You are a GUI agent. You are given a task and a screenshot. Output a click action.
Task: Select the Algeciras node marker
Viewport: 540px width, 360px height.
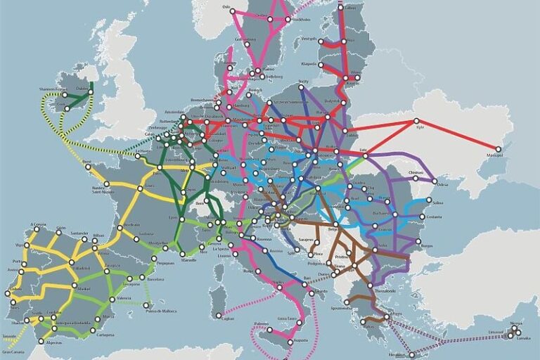[x=41, y=342]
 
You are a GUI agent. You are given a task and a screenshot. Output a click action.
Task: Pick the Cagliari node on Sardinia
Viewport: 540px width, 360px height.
[x=219, y=314]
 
